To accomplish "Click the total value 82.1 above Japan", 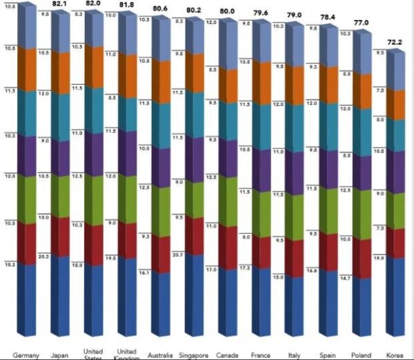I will click(x=60, y=4).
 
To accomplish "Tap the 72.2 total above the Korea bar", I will click(x=394, y=41).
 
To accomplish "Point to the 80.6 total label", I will click(x=160, y=10).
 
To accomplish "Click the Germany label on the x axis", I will click(x=26, y=355).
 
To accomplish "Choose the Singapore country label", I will click(x=193, y=355).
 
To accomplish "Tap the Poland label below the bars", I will click(x=361, y=355).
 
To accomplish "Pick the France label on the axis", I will click(x=261, y=355).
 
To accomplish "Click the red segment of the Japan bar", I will click(x=59, y=238).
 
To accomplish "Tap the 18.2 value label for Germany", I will click(x=10, y=264).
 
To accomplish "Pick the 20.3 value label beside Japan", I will click(x=43, y=257).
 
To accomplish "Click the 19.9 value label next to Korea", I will click(x=378, y=257).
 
